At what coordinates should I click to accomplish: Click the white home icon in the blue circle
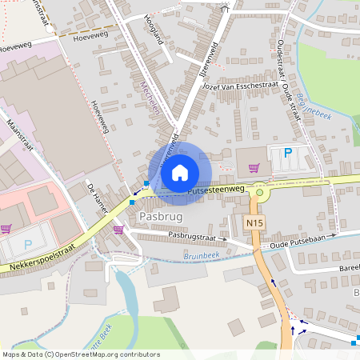(x=180, y=172)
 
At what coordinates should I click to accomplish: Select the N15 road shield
(x=255, y=222)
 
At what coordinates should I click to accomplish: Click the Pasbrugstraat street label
(x=189, y=237)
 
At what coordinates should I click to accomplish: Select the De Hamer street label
(x=99, y=196)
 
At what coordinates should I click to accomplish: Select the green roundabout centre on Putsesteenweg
(x=259, y=192)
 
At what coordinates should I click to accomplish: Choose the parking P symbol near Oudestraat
(x=288, y=152)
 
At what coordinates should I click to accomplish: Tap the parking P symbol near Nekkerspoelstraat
(x=28, y=244)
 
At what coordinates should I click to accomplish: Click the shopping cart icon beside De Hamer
(x=119, y=229)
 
